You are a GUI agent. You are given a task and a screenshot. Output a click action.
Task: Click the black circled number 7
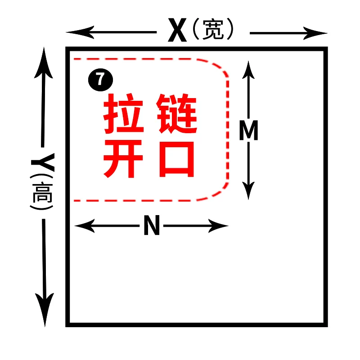pyautogui.click(x=100, y=81)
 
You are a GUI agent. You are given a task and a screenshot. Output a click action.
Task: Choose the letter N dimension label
pyautogui.click(x=152, y=226)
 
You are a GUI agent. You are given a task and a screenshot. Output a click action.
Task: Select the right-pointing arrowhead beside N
pyautogui.click(x=221, y=226)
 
